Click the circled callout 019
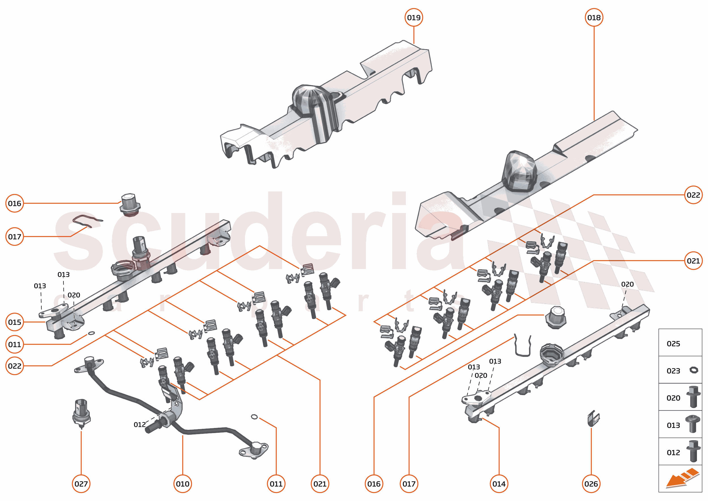point(413,18)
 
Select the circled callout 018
point(594,18)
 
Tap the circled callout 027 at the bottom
point(81,484)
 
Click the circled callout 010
point(183,484)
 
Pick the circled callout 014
point(499,484)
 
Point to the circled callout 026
point(591,484)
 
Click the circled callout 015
point(14,322)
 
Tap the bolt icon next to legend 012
point(693,452)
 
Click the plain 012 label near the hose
point(139,425)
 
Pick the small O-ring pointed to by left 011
point(91,333)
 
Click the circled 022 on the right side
point(693,195)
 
